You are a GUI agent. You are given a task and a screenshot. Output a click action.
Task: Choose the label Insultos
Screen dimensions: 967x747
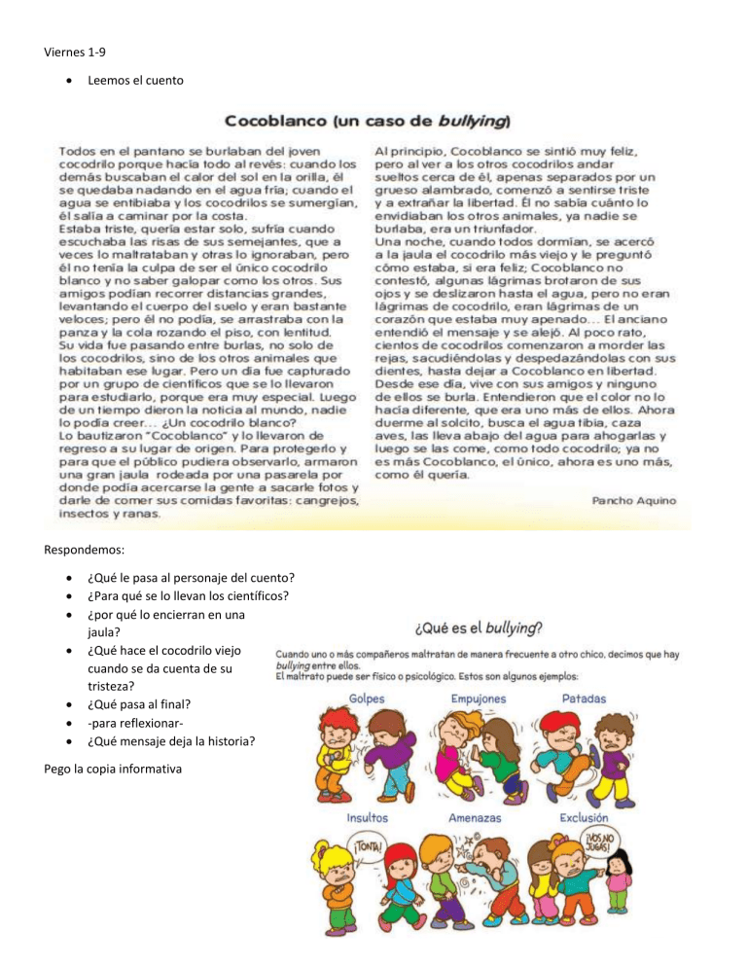point(372,818)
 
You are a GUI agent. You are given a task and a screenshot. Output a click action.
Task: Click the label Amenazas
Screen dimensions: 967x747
point(476,818)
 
